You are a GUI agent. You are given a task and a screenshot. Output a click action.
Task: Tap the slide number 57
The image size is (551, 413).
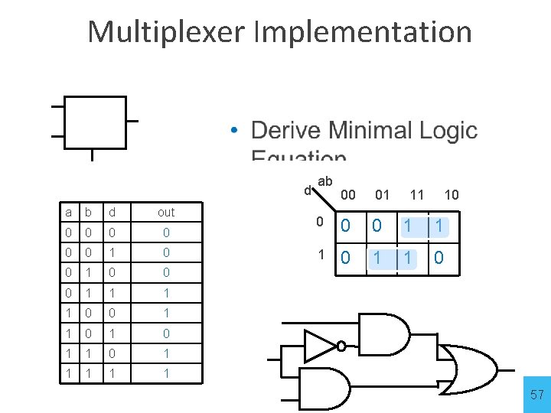click(537, 395)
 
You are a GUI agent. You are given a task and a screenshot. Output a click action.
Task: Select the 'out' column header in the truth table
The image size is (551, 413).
click(166, 212)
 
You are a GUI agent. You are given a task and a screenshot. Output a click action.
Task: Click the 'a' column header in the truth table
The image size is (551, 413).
click(70, 212)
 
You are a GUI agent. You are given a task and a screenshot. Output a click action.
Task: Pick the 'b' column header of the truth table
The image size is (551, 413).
click(90, 212)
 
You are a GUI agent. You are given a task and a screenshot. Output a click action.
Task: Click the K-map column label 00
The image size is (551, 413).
click(348, 195)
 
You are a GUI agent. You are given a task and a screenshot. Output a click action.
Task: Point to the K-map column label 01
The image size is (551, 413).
click(382, 195)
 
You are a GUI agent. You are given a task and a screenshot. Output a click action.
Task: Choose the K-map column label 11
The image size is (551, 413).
click(417, 195)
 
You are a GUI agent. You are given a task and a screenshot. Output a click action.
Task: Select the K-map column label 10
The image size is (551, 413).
click(452, 195)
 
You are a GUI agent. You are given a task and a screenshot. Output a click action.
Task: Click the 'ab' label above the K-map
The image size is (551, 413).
click(324, 181)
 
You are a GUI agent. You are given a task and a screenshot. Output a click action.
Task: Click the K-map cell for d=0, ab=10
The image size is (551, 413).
click(439, 226)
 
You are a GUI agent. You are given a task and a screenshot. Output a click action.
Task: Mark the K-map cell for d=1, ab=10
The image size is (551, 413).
click(439, 259)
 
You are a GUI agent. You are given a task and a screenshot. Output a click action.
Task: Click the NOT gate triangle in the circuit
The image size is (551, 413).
click(318, 346)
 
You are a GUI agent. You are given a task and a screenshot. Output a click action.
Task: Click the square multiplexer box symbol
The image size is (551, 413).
click(95, 122)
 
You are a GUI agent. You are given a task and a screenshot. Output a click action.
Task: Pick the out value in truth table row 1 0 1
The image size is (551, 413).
click(166, 333)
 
